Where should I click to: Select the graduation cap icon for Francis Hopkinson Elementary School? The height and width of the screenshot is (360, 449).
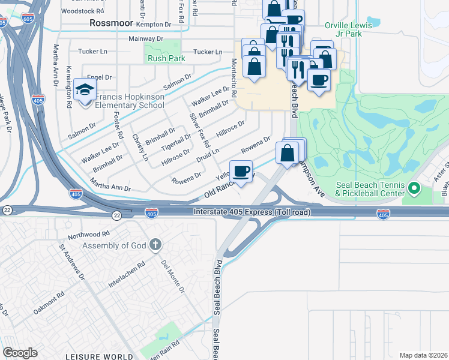[x=85, y=91]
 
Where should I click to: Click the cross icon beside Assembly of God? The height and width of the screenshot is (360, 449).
[x=155, y=245]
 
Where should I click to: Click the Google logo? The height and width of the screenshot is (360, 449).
[x=20, y=353]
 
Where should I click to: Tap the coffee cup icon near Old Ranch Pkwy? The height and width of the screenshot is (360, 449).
[x=241, y=172]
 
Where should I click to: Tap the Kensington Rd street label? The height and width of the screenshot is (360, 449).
[x=70, y=86]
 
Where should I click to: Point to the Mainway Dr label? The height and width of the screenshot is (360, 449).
[x=146, y=38]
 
